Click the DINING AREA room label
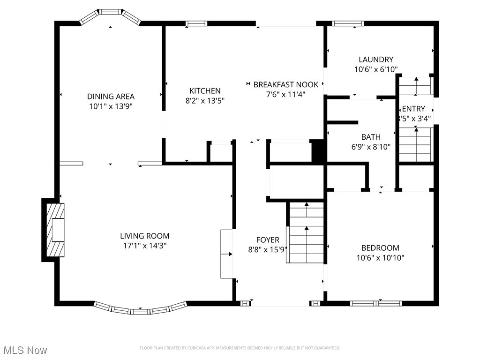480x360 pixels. point(111,97)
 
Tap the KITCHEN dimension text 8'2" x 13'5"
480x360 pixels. point(205,100)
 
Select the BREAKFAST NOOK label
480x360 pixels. point(286,85)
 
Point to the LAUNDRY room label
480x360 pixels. point(375,60)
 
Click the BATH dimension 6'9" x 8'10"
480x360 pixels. point(370,146)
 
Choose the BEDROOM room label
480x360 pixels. point(380,248)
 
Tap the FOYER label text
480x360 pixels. point(268,240)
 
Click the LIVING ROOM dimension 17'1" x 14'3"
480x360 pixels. point(144,245)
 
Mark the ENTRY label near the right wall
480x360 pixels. point(413,109)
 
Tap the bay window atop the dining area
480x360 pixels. point(111,15)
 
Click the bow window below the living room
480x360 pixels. point(140,309)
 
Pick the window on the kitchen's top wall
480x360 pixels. point(196,23)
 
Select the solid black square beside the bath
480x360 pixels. point(319,151)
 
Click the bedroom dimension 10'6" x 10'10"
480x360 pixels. point(380,257)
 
